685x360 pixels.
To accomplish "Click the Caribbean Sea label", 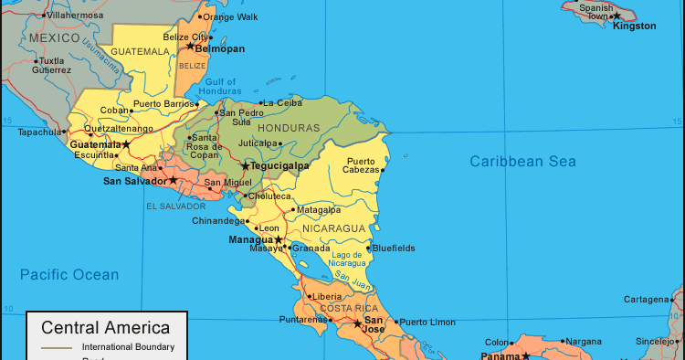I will coord(523,162).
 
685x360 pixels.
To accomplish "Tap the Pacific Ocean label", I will coord(69,274).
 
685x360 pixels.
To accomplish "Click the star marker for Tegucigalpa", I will coord(245,166).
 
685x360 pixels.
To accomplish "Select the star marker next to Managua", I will coord(279,239).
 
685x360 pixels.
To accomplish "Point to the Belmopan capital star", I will coord(191,46).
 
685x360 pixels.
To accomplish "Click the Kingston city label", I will coord(635,26).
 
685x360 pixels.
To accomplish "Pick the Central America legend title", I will coord(106,327).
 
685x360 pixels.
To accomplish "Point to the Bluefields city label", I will coord(393,248).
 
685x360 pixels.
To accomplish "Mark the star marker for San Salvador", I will coord(174,180).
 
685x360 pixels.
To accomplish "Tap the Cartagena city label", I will coord(647,299).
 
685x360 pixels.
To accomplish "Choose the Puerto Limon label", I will coord(427,322).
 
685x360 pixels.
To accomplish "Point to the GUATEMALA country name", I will coord(141,52).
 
